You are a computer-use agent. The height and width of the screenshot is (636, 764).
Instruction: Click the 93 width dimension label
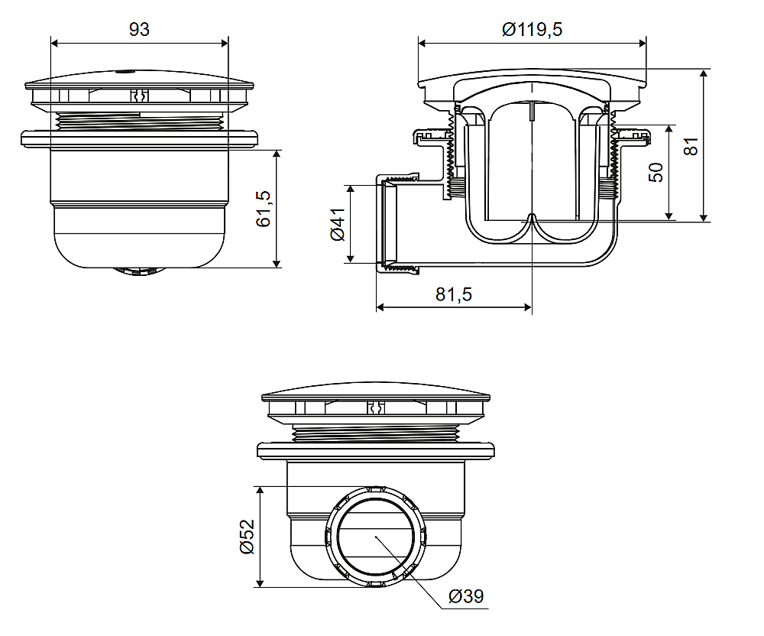139,30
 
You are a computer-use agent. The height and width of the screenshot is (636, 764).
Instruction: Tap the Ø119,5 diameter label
532,30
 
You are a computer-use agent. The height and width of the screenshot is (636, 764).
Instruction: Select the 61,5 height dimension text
263,209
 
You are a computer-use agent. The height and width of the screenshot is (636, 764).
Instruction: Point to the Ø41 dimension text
338,224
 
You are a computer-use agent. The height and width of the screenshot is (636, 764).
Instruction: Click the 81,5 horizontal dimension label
454,294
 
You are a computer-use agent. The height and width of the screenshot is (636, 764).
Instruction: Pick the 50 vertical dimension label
656,173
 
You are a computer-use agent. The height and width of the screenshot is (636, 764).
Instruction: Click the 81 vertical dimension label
691,146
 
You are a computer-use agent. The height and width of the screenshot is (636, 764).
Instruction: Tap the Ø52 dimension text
248,537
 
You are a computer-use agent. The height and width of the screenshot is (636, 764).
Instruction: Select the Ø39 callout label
466,596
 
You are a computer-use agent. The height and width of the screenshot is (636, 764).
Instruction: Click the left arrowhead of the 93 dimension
54,44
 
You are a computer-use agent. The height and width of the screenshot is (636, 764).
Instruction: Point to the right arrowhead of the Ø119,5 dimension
643,44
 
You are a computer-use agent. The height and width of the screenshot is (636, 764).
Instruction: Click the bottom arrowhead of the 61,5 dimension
277,264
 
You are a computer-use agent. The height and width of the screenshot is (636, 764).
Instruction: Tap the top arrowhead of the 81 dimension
704,73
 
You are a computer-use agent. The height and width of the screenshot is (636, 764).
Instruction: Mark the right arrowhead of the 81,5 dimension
527,307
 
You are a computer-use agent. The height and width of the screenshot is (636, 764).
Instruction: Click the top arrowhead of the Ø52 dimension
260,491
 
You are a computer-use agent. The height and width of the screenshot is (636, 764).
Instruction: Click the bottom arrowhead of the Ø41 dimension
350,258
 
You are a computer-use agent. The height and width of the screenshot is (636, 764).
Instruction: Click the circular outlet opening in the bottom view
375,536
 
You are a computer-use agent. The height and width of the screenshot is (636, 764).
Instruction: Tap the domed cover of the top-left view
139,79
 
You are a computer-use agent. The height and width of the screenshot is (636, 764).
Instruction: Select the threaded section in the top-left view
139,120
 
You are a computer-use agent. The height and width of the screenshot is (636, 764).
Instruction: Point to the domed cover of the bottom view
376,391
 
